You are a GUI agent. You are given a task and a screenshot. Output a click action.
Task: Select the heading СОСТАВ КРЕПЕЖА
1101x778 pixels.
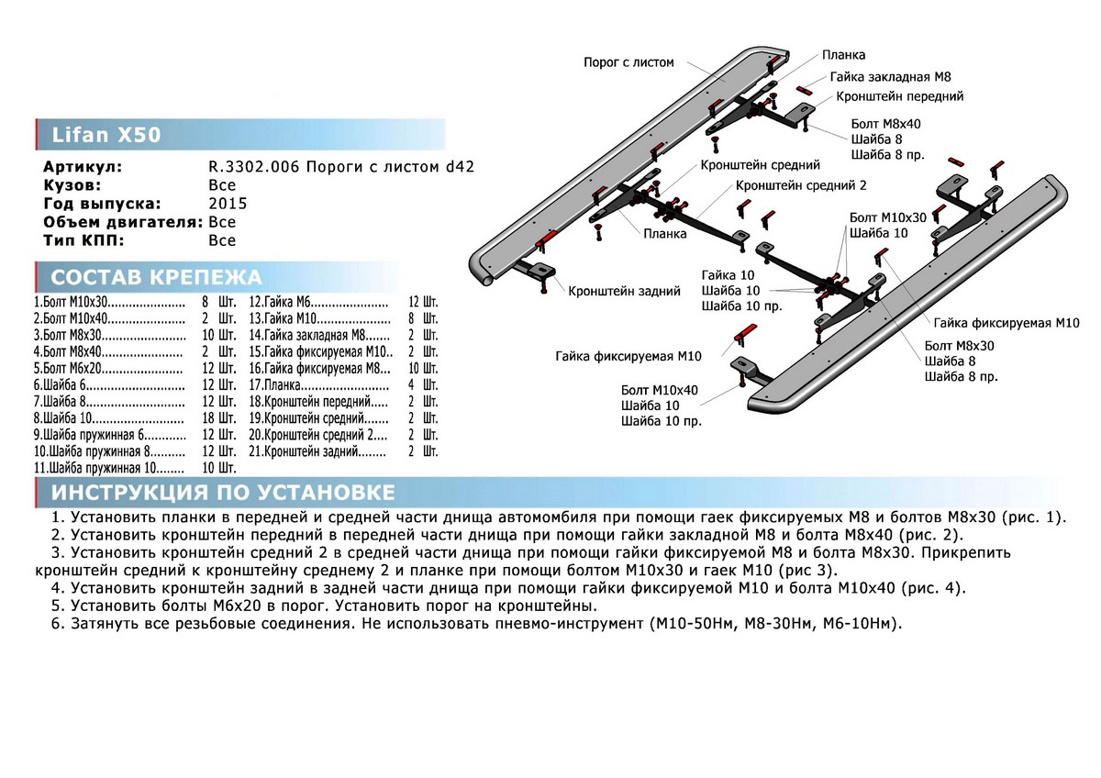click(x=156, y=278)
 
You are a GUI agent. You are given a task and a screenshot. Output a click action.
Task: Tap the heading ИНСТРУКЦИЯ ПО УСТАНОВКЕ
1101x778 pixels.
click(x=224, y=493)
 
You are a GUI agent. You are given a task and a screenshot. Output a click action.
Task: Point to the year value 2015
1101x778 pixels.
click(x=228, y=204)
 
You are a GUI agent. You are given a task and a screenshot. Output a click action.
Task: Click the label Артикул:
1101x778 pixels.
click(x=83, y=168)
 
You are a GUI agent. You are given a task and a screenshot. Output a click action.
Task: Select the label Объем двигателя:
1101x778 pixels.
click(x=123, y=222)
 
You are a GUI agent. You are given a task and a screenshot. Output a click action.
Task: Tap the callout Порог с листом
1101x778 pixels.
click(x=628, y=62)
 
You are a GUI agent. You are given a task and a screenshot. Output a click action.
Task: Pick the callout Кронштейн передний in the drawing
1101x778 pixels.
click(x=898, y=96)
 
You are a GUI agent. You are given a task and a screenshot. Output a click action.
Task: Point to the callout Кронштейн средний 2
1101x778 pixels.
click(x=800, y=185)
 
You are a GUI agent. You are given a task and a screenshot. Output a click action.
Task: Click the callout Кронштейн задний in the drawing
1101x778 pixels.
click(x=624, y=291)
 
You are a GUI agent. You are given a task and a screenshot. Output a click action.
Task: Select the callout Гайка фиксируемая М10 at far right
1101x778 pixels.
click(x=1007, y=323)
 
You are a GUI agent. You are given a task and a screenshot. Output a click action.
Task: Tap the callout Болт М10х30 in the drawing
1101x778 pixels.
click(x=888, y=217)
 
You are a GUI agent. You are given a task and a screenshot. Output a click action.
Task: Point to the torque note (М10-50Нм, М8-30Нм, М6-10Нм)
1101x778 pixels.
click(x=776, y=624)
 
